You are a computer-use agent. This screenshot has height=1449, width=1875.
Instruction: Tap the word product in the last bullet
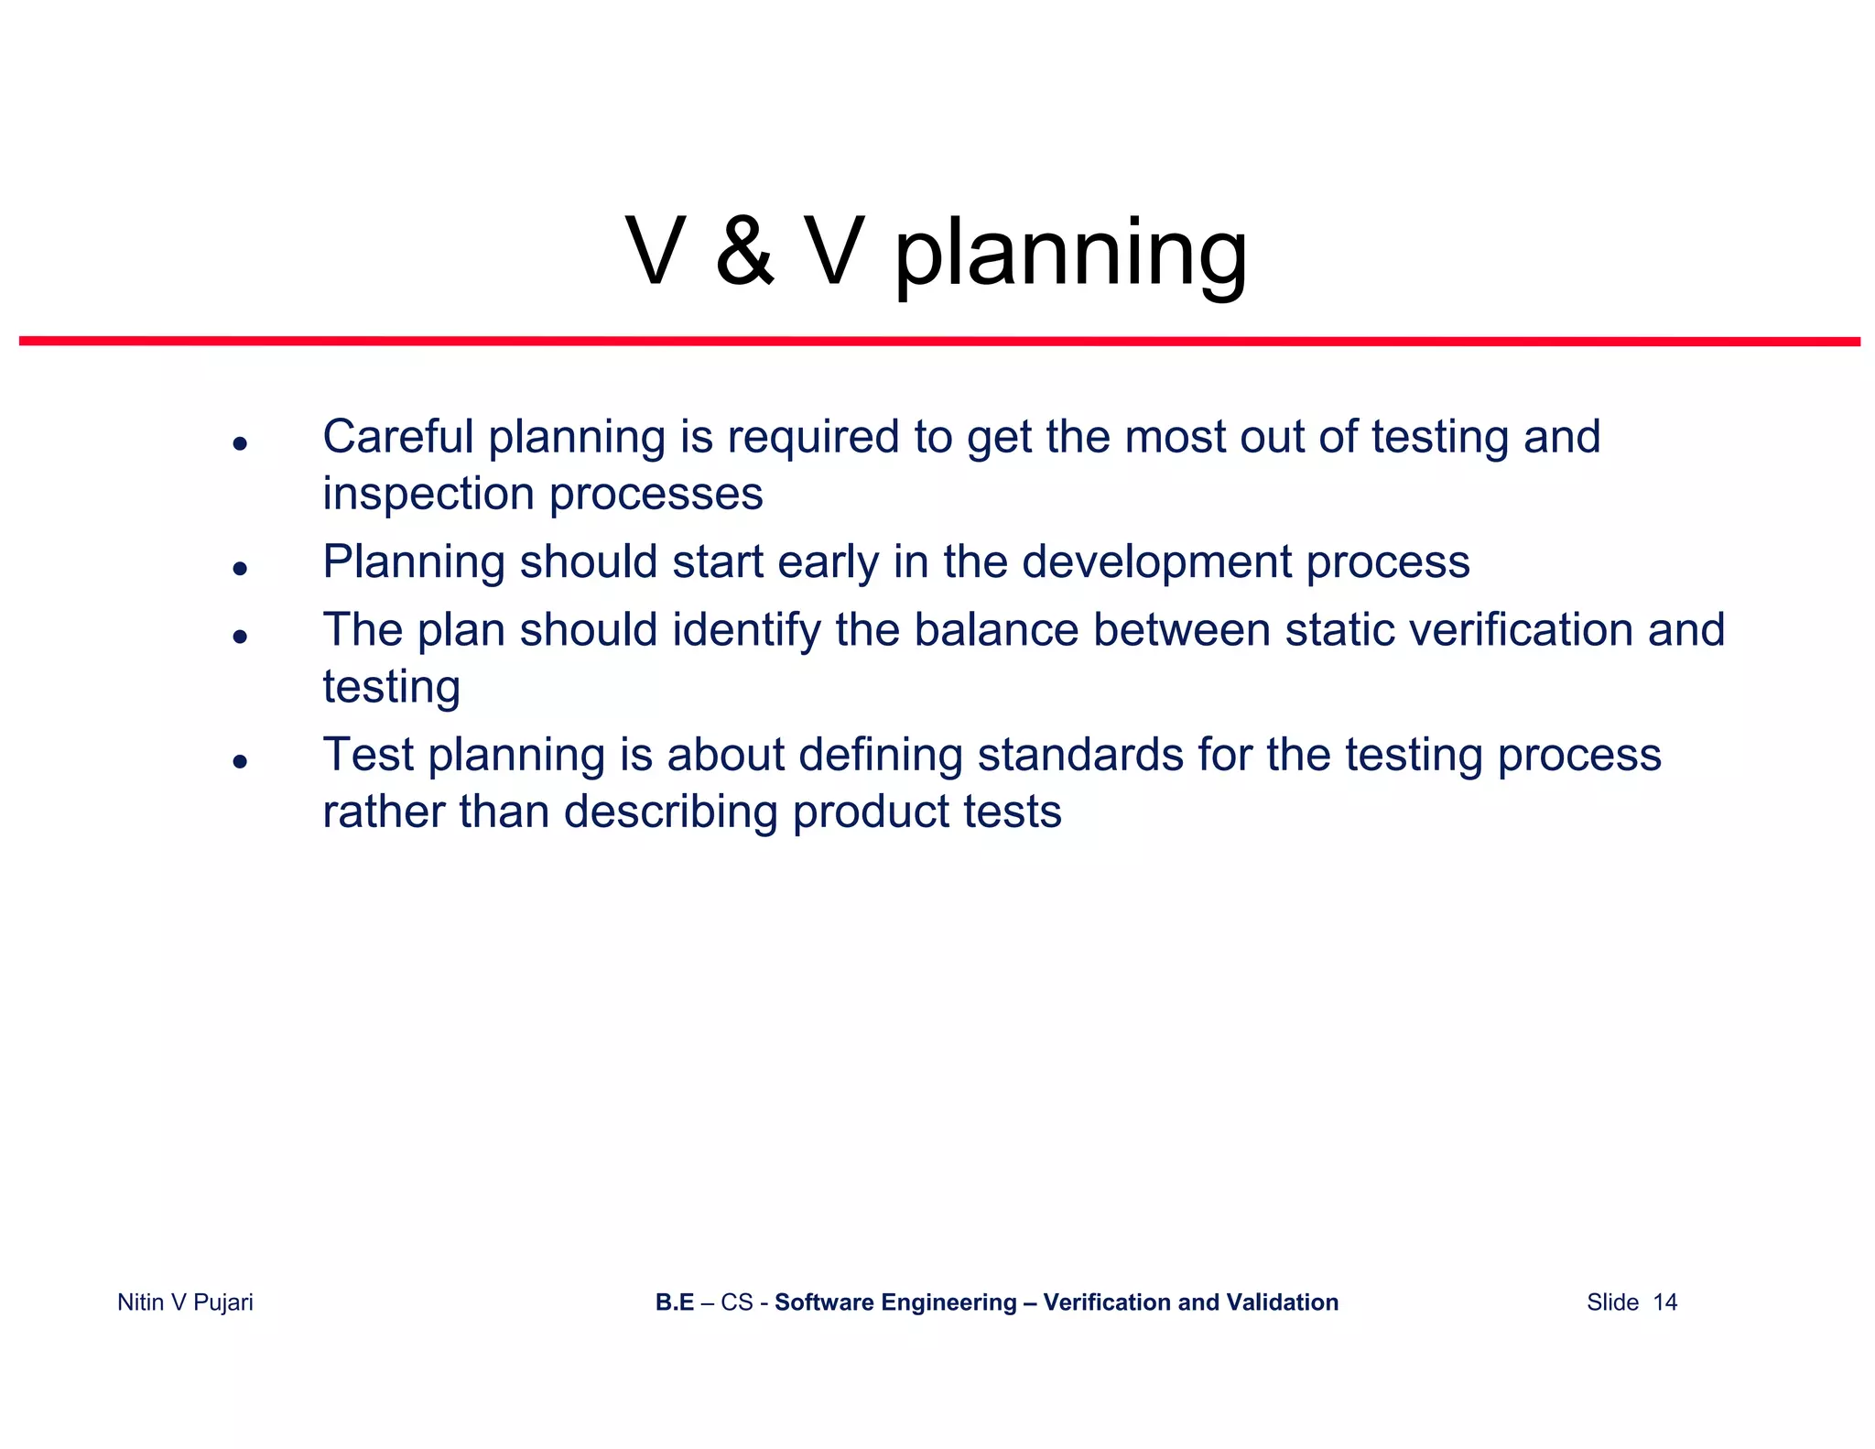pos(872,812)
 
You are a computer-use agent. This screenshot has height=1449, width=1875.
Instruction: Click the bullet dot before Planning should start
pos(240,569)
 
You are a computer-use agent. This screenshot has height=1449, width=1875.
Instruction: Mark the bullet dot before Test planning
pos(240,761)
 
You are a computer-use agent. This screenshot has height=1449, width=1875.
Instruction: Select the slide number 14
pos(1664,1302)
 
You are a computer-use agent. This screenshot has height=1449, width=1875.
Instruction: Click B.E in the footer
pos(674,1302)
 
